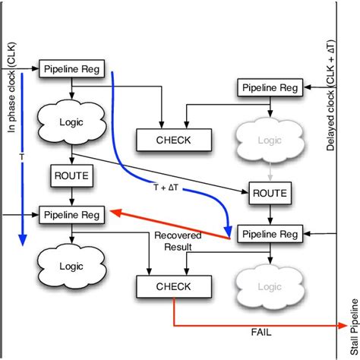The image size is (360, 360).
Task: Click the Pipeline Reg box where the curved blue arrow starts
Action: [71, 69]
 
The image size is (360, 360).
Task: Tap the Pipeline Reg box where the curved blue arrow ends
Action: [270, 234]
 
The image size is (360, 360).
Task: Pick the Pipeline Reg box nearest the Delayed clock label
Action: [270, 87]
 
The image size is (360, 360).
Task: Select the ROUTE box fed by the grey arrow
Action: [270, 193]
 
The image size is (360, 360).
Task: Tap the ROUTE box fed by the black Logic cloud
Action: [71, 176]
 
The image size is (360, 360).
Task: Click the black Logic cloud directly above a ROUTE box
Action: [71, 121]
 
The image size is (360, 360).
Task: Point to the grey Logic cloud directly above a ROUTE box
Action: [270, 139]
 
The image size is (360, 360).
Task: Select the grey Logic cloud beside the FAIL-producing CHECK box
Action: [270, 286]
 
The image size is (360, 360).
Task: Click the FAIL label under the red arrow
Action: [261, 332]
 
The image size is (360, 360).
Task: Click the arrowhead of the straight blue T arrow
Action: [22, 242]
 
